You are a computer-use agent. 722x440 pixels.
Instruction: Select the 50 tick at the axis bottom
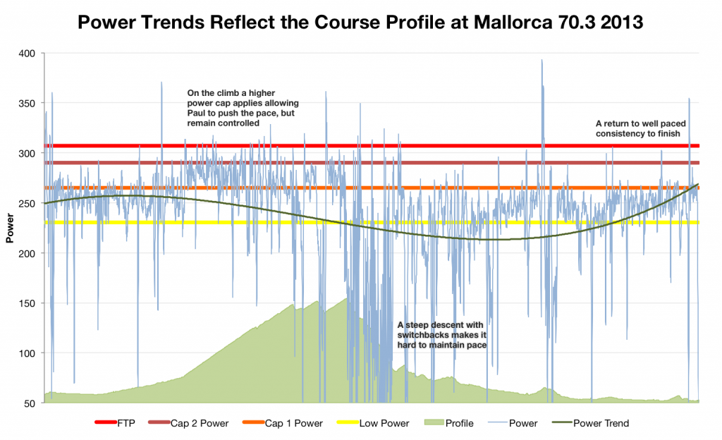click(x=29, y=403)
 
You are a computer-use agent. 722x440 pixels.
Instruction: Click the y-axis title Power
click(x=10, y=228)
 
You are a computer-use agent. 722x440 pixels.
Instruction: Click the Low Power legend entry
click(x=381, y=424)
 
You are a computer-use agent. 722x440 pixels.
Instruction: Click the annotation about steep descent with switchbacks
click(x=442, y=335)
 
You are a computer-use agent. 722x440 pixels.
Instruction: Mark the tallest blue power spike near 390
click(x=541, y=61)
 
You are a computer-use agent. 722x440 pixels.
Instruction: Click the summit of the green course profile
click(x=345, y=298)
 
